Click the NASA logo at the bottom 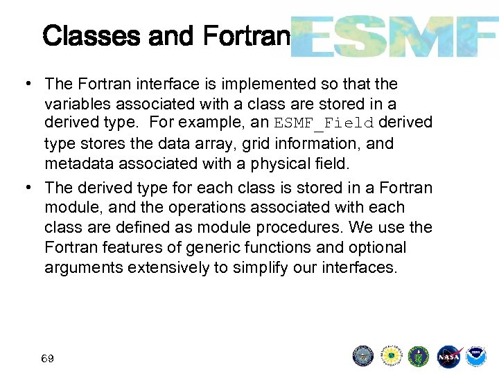coord(448,356)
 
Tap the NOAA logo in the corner coord(475,356)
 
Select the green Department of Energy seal coord(419,356)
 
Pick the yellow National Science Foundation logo coord(392,356)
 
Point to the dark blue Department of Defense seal coord(363,356)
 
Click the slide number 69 coord(48,359)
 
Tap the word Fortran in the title coord(246,36)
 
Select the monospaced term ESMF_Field coord(324,123)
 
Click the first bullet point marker coord(25,84)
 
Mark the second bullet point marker coord(25,188)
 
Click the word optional coord(378,247)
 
